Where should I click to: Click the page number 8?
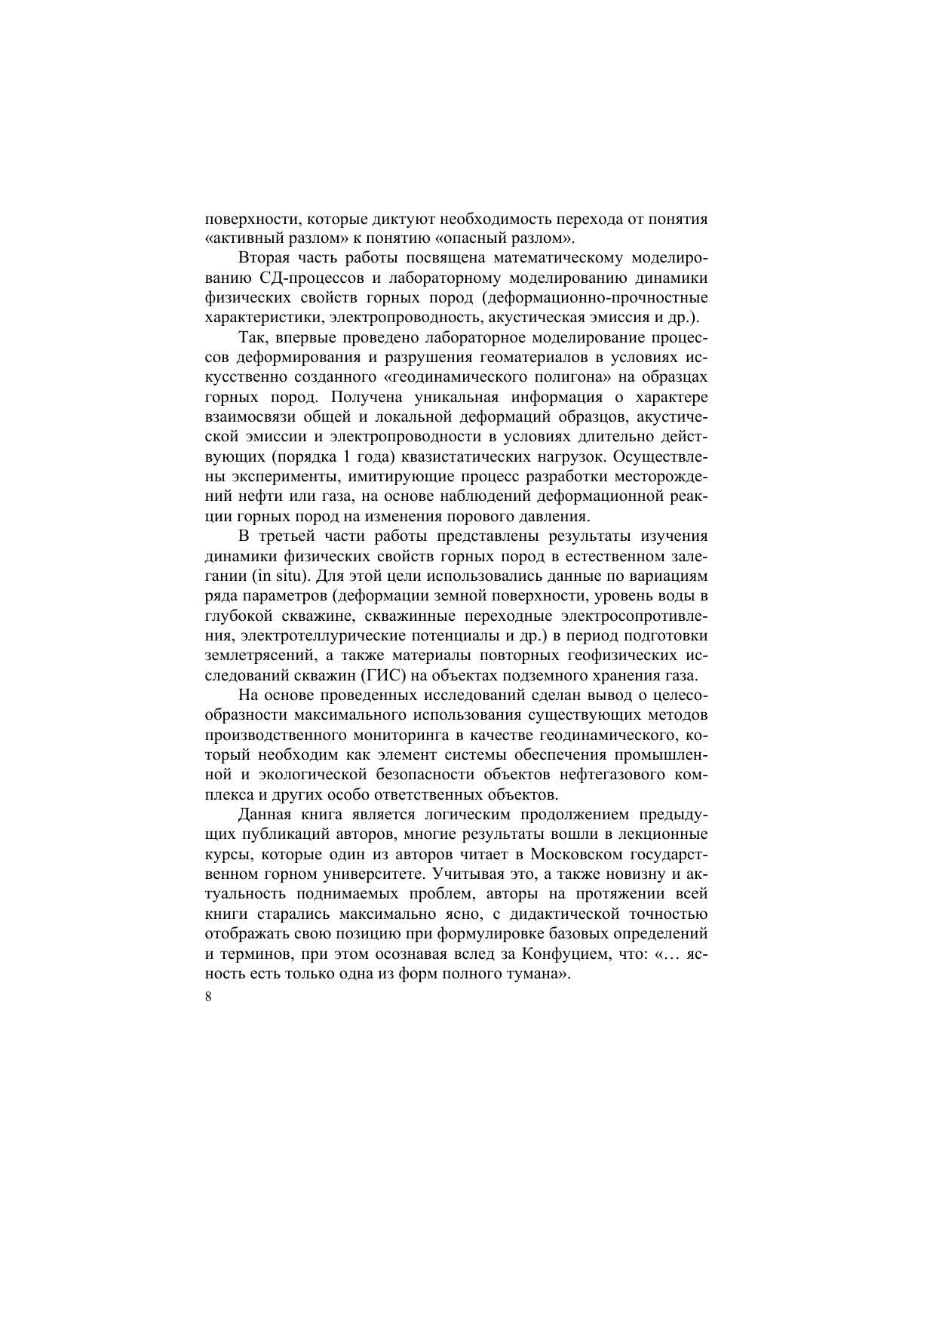(208, 997)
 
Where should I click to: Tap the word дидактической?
(566, 914)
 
